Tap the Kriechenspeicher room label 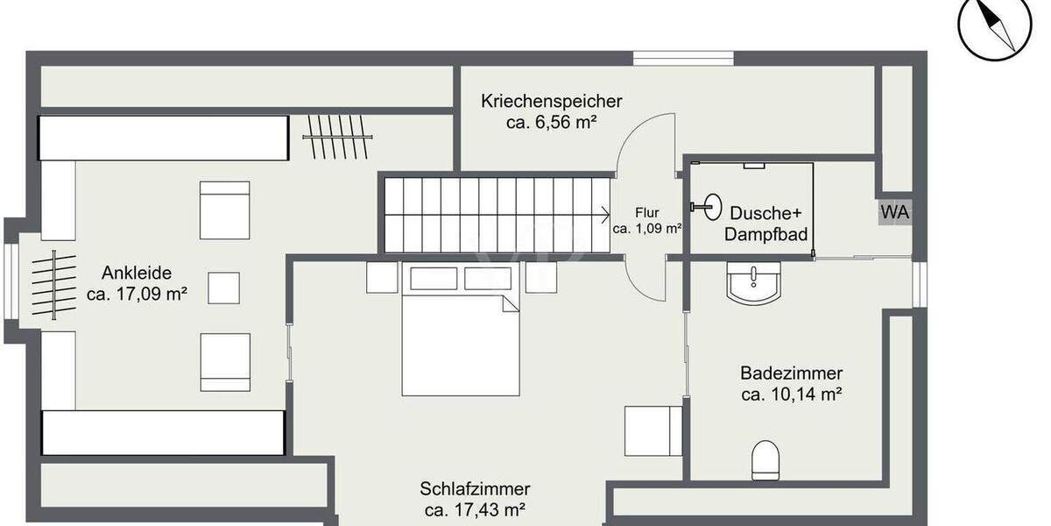click(x=551, y=102)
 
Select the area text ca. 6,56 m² click(x=551, y=124)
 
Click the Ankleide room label click(x=136, y=272)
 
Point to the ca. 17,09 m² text click(x=138, y=295)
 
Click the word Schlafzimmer click(x=475, y=488)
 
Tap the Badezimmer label click(x=791, y=373)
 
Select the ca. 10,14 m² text click(x=791, y=395)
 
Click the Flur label click(x=647, y=212)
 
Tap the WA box click(x=894, y=212)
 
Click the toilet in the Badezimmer click(x=765, y=458)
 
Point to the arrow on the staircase click(x=603, y=213)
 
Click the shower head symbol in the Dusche click(x=709, y=207)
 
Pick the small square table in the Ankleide click(x=223, y=288)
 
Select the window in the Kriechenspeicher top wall click(x=683, y=59)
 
